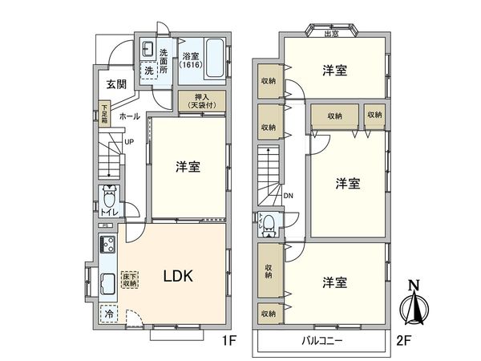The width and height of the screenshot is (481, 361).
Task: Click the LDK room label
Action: (x=177, y=277)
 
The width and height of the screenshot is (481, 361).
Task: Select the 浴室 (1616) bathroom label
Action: (x=190, y=60)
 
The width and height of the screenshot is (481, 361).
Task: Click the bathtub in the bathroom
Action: (x=214, y=57)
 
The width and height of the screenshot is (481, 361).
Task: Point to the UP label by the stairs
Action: (x=129, y=144)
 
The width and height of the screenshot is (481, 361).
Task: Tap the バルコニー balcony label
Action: (x=324, y=340)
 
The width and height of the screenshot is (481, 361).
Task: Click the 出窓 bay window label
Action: (x=330, y=33)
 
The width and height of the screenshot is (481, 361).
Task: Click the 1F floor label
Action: (x=228, y=340)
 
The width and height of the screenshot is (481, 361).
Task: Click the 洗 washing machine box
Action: (x=149, y=71)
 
